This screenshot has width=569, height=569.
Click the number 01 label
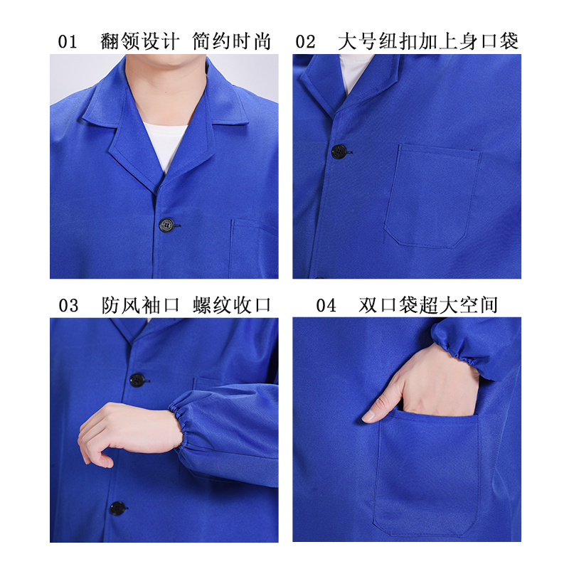[68, 41]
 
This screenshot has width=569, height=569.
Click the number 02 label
[305, 41]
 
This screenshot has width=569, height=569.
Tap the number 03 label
[68, 305]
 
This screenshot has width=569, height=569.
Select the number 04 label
[326, 305]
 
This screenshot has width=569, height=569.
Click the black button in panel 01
[166, 225]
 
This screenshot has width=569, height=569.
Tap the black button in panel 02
[339, 151]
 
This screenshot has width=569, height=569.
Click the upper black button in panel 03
[137, 380]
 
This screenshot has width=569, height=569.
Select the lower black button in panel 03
[117, 509]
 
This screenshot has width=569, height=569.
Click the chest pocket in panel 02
[432, 196]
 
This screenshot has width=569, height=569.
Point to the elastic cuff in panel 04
[457, 346]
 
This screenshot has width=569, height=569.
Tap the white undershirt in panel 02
[353, 73]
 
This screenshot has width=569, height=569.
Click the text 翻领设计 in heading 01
[139, 41]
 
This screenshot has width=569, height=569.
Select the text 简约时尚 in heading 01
[231, 41]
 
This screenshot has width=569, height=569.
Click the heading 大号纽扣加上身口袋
[428, 41]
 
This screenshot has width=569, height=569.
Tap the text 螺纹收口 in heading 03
[232, 305]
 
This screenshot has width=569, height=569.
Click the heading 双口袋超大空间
[428, 305]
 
